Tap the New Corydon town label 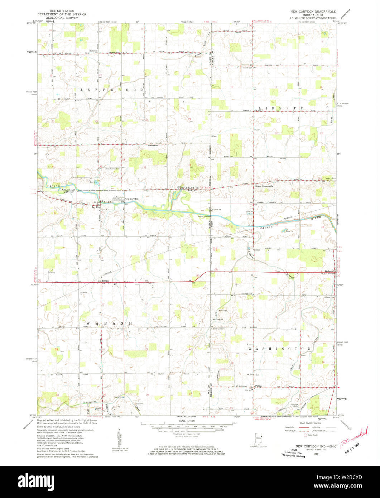click(131, 198)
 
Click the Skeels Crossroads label click(264, 186)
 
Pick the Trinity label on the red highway click(105, 281)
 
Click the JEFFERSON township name click(109, 89)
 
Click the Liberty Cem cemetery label click(247, 68)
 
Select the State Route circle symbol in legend click(306, 435)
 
